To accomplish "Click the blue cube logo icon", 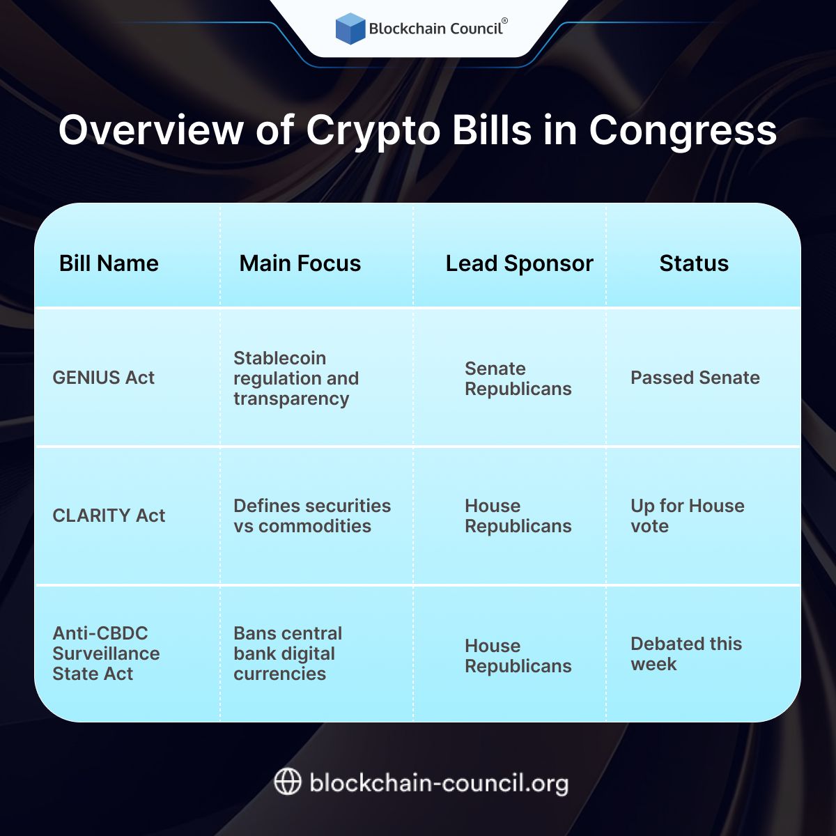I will [x=350, y=29].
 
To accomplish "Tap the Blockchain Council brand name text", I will [x=435, y=29].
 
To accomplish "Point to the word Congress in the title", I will [x=683, y=130].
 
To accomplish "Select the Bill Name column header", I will [x=109, y=263].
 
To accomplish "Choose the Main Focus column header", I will [x=300, y=263].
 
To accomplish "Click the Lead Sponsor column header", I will [x=519, y=263].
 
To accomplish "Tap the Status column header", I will [x=694, y=263].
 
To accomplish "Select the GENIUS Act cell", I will [x=104, y=378].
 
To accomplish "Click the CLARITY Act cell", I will [x=109, y=516].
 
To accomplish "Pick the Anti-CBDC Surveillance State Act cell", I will [x=106, y=653].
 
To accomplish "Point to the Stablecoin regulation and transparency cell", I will [x=296, y=378].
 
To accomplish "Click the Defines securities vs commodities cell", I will [x=312, y=516].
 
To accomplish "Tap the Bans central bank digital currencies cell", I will [x=288, y=653].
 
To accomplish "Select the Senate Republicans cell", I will [x=518, y=378].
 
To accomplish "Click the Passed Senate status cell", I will [x=695, y=378].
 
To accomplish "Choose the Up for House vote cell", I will [x=687, y=516].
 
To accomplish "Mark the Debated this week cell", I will [x=686, y=653].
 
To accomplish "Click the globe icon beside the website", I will [x=288, y=782].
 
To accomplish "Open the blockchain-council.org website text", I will [x=439, y=783].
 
